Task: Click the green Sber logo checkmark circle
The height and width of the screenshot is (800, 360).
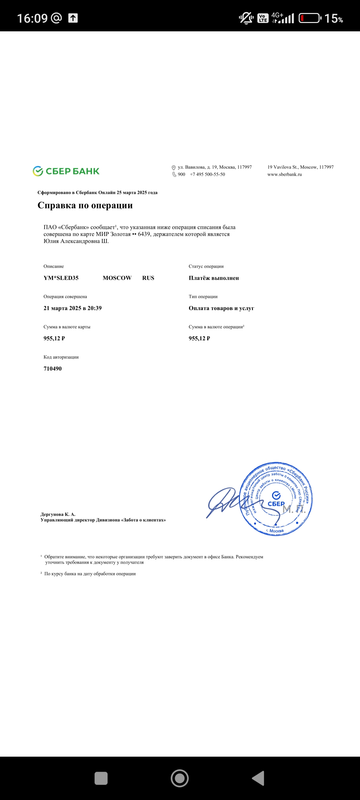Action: click(38, 171)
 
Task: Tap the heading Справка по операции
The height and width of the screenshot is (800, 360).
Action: click(85, 205)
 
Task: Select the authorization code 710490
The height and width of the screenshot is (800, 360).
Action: click(53, 369)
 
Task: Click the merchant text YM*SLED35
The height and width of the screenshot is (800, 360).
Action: click(61, 278)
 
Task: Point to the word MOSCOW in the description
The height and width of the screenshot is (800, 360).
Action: click(117, 278)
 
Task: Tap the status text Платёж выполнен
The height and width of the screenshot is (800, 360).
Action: click(214, 278)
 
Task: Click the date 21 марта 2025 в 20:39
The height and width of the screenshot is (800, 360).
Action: click(73, 308)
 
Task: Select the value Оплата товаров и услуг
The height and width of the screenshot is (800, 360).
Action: click(221, 308)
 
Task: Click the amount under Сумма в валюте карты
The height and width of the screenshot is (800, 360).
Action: click(54, 338)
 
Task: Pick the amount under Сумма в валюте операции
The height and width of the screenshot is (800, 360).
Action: click(199, 338)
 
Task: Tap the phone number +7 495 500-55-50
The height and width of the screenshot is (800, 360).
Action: click(207, 174)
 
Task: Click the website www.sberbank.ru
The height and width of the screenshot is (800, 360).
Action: click(284, 174)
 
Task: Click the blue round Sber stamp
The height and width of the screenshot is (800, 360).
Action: click(276, 499)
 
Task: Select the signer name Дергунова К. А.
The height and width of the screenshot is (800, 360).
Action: click(58, 514)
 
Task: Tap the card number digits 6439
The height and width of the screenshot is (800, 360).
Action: click(144, 234)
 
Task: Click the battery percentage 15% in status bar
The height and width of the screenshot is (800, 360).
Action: click(333, 18)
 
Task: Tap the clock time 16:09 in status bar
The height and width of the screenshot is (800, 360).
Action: click(32, 18)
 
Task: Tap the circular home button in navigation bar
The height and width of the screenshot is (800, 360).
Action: click(180, 778)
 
